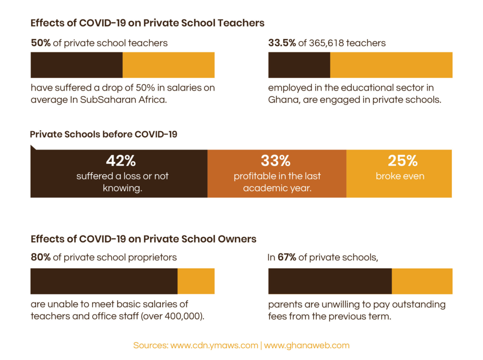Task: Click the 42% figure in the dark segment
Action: (x=121, y=161)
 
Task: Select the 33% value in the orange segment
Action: (x=276, y=161)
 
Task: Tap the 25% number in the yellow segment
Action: (x=402, y=161)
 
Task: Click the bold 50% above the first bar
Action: (x=41, y=43)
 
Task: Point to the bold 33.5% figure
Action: (x=282, y=43)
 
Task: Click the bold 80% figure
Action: (x=41, y=258)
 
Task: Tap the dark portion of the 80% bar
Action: (x=104, y=281)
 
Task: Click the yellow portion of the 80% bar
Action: (x=196, y=281)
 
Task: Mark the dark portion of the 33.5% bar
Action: (x=299, y=65)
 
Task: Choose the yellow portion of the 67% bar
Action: (x=422, y=281)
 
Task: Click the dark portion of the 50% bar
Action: (x=76, y=65)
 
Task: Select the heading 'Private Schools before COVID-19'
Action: (x=103, y=134)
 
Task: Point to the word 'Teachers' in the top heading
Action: (x=243, y=23)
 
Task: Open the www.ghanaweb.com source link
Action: (x=307, y=345)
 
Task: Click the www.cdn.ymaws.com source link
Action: (x=214, y=345)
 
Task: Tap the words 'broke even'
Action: (x=400, y=176)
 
